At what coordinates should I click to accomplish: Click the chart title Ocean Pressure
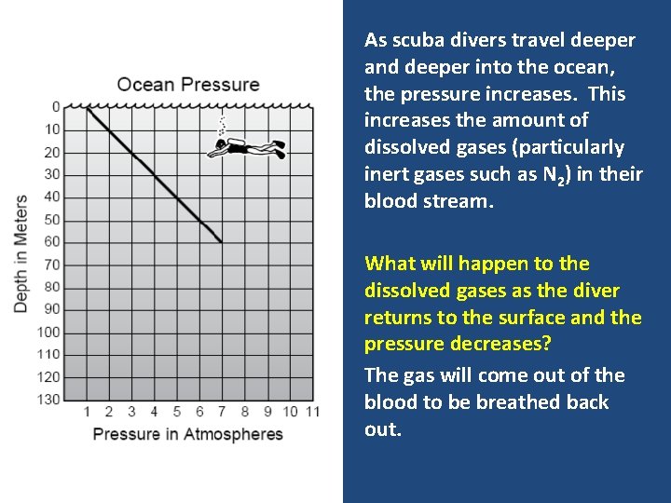pos(188,85)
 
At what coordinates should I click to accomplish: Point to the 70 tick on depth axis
pos(51,265)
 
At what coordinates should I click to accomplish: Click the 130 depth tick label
pos(48,400)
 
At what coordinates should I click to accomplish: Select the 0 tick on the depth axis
pos(56,106)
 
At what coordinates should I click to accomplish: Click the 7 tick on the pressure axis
pos(222,412)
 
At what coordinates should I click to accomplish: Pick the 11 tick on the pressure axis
pos(312,412)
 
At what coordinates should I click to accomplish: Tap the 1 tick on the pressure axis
pos(87,412)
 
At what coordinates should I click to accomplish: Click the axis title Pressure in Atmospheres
pos(187,434)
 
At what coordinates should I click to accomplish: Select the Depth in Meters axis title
pos(21,252)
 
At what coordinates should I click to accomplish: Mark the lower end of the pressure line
pos(221,242)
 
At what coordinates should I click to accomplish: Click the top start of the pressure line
pos(88,107)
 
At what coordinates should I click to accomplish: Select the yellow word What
pos(390,264)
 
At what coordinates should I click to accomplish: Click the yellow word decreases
pos(500,344)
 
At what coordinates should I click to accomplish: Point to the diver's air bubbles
pos(222,126)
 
